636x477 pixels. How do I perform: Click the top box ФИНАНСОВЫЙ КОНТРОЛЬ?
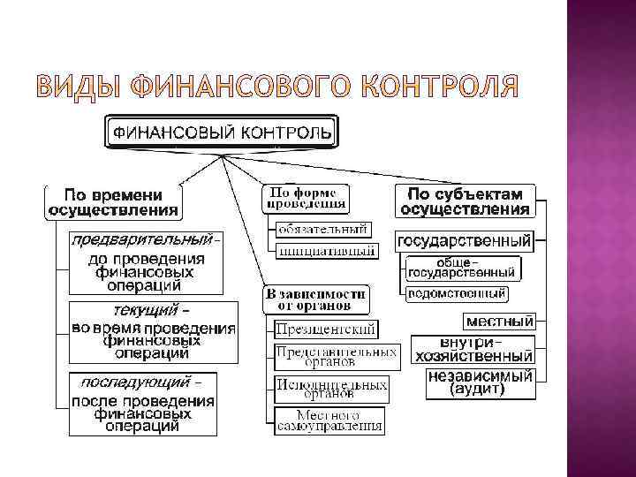click(x=221, y=133)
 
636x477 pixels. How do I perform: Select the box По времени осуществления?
click(x=112, y=201)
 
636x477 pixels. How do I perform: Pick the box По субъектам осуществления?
click(x=466, y=201)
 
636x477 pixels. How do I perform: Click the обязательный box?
click(x=322, y=230)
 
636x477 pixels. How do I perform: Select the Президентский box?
click(x=325, y=329)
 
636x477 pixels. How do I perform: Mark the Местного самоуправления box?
click(x=329, y=420)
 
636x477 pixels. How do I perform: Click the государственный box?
click(x=465, y=240)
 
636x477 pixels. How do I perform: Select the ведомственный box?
click(x=457, y=293)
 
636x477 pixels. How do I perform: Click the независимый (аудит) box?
click(x=480, y=382)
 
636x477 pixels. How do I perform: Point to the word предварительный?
click(x=142, y=240)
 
